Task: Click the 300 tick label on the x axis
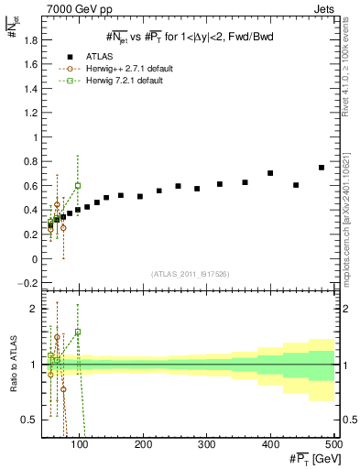pyautogui.click(x=208, y=446)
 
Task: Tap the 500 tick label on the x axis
pyautogui.click(x=333, y=446)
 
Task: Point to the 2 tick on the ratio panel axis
pyautogui.click(x=35, y=309)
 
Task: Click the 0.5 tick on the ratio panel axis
pyautogui.click(x=30, y=420)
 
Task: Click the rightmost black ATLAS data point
pyautogui.click(x=322, y=168)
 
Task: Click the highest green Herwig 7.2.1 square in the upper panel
pyautogui.click(x=78, y=185)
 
